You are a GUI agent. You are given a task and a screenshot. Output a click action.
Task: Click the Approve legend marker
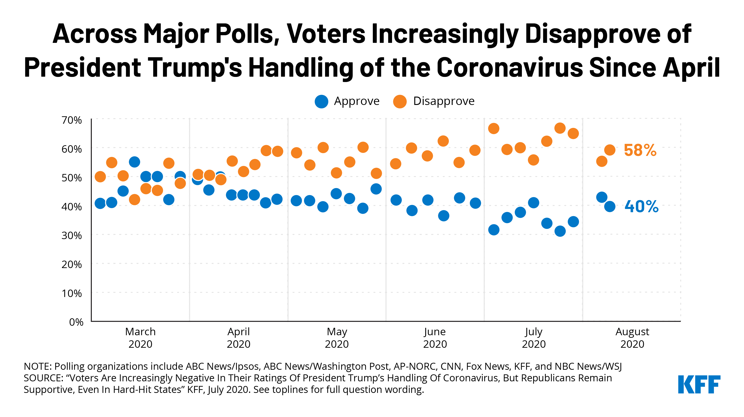pyautogui.click(x=321, y=101)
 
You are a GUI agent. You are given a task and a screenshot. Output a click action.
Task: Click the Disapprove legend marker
pyautogui.click(x=400, y=101)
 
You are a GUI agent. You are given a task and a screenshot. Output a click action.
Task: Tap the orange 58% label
pyautogui.click(x=640, y=150)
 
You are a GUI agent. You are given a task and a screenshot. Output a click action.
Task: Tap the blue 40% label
pyautogui.click(x=641, y=207)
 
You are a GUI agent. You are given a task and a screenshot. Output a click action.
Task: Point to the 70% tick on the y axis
pyautogui.click(x=72, y=120)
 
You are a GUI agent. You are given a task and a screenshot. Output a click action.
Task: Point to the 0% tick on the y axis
pyautogui.click(x=76, y=322)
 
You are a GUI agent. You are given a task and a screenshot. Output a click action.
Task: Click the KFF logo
pyautogui.click(x=699, y=384)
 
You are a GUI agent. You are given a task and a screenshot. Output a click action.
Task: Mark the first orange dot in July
pyautogui.click(x=494, y=128)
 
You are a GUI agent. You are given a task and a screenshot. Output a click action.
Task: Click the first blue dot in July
pyautogui.click(x=494, y=230)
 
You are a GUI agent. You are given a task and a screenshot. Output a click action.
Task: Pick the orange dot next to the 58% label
pyautogui.click(x=609, y=150)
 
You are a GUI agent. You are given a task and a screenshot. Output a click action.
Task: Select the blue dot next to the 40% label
pyautogui.click(x=609, y=206)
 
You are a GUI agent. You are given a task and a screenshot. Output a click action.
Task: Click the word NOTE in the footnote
pyautogui.click(x=38, y=366)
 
